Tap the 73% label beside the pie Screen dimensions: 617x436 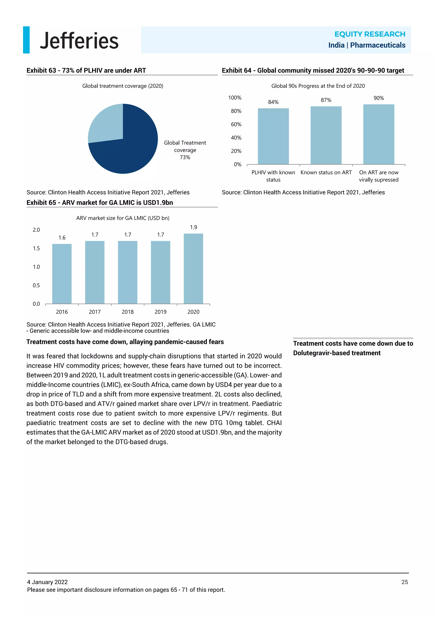point(185,157)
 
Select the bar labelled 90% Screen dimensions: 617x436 point(379,134)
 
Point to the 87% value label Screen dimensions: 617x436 point(326,100)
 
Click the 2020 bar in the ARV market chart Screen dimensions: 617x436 point(193,269)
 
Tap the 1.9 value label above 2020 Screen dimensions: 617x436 point(193,227)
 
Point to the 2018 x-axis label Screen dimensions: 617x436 point(128,312)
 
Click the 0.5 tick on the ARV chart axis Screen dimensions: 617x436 point(36,285)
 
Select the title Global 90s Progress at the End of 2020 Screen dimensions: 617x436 point(318,86)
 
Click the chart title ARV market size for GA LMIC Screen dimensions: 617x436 point(123,218)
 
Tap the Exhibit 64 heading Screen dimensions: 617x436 point(313,70)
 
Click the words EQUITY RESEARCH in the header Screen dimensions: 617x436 point(370,34)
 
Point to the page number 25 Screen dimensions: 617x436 point(404,582)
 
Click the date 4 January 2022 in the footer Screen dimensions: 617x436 point(47,582)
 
